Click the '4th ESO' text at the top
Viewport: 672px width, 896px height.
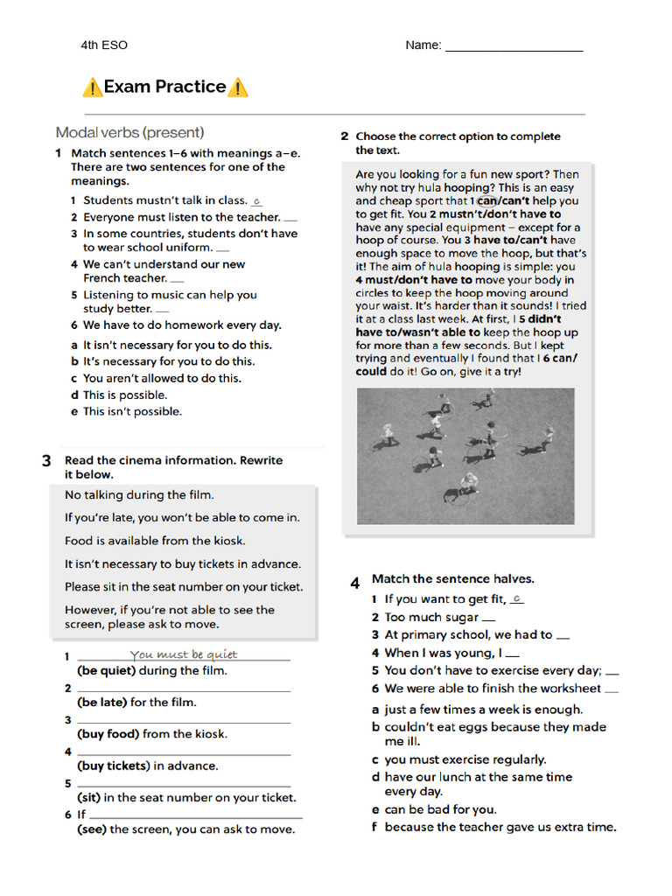pyautogui.click(x=103, y=45)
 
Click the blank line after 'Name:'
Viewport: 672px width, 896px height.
pyautogui.click(x=514, y=47)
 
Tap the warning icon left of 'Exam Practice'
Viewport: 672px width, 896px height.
pyautogui.click(x=92, y=87)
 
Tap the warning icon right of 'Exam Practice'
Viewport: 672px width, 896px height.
pyautogui.click(x=237, y=87)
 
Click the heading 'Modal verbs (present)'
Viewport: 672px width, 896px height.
pyautogui.click(x=129, y=133)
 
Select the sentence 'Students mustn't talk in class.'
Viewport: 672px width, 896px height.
pyautogui.click(x=164, y=200)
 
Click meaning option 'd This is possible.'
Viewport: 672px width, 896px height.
pyautogui.click(x=125, y=395)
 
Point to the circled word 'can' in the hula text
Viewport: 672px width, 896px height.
pyautogui.click(x=486, y=200)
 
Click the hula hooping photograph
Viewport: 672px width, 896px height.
pyautogui.click(x=465, y=456)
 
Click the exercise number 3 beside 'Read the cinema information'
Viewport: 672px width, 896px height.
pyautogui.click(x=46, y=461)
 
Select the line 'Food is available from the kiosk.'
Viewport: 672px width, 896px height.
pyautogui.click(x=155, y=541)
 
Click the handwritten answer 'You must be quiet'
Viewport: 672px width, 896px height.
pyautogui.click(x=183, y=654)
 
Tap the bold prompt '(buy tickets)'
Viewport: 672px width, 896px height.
pyautogui.click(x=114, y=766)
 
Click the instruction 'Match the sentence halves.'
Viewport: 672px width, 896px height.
pyautogui.click(x=452, y=578)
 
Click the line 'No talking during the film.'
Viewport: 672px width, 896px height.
pyautogui.click(x=139, y=494)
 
